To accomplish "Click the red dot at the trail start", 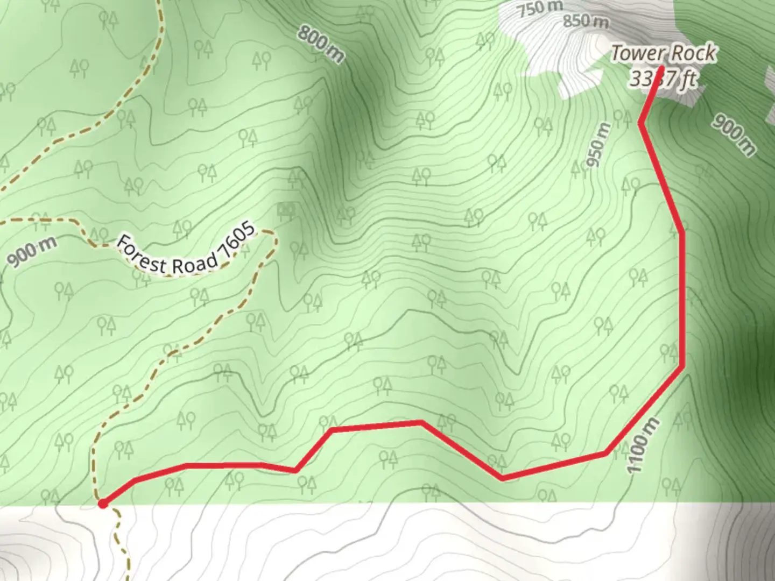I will pyautogui.click(x=102, y=504).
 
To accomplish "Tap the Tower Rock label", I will pyautogui.click(x=664, y=53).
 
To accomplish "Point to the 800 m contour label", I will pyautogui.click(x=321, y=44).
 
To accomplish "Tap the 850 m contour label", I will pyautogui.click(x=586, y=22).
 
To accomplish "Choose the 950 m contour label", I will pyautogui.click(x=600, y=145).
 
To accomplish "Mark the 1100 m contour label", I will pyautogui.click(x=642, y=446).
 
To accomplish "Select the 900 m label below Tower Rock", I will pyautogui.click(x=733, y=134).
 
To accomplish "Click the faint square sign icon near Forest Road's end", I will pyautogui.click(x=285, y=209).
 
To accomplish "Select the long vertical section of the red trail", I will pyautogui.click(x=682, y=299).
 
